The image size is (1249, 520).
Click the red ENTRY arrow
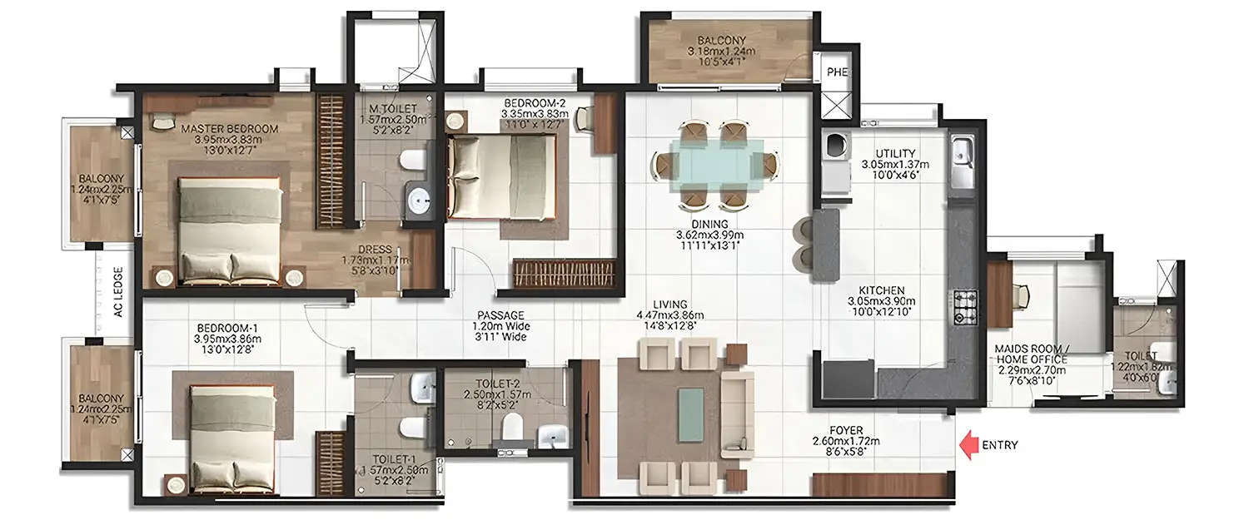click(x=968, y=445)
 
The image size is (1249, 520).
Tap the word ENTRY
click(x=1000, y=445)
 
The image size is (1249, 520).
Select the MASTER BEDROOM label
click(x=230, y=129)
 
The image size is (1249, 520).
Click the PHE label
click(x=836, y=72)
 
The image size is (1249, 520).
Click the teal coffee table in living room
click(x=690, y=414)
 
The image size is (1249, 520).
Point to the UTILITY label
click(x=895, y=153)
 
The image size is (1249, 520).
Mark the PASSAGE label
click(x=500, y=315)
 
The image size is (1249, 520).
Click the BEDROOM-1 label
click(x=227, y=328)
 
